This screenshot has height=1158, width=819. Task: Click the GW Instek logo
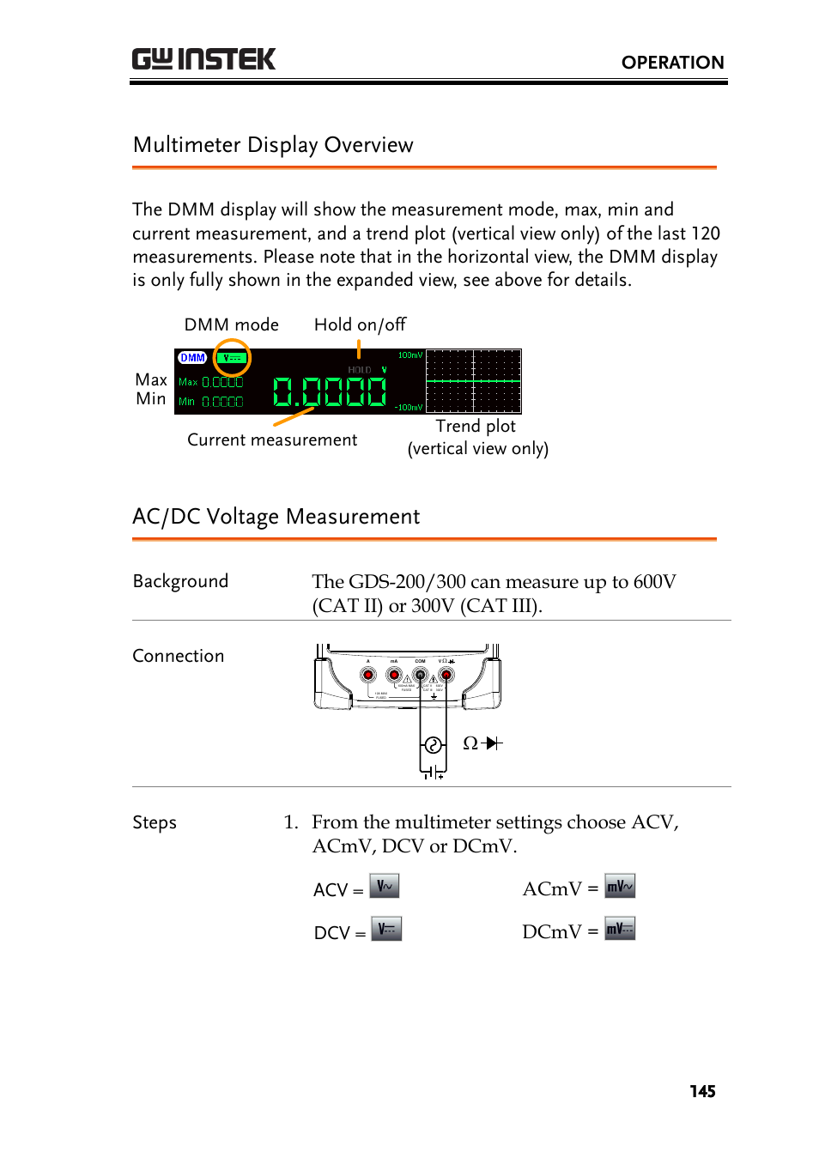[203, 59]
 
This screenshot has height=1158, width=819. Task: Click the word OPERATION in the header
[672, 63]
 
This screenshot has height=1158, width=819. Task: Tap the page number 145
[702, 1091]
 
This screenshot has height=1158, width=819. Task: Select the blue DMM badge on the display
[192, 358]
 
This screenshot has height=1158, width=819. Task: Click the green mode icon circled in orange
[232, 358]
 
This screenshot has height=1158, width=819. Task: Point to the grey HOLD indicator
[360, 370]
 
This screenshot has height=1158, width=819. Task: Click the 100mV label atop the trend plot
[409, 355]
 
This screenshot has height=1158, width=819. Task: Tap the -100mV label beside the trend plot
[409, 408]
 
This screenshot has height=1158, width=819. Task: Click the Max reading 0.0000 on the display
[222, 383]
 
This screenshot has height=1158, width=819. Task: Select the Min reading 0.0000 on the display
[222, 402]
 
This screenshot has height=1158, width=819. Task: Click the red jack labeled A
[368, 675]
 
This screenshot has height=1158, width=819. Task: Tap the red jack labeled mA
[394, 675]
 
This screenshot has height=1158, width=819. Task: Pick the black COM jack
[421, 675]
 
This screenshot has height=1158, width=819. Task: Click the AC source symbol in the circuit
[434, 745]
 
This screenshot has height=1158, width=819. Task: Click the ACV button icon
[385, 886]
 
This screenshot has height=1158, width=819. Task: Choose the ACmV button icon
[620, 886]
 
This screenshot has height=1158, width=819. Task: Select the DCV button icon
[386, 929]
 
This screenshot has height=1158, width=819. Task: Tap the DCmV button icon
[620, 929]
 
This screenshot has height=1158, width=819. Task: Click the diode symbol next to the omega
[493, 743]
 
